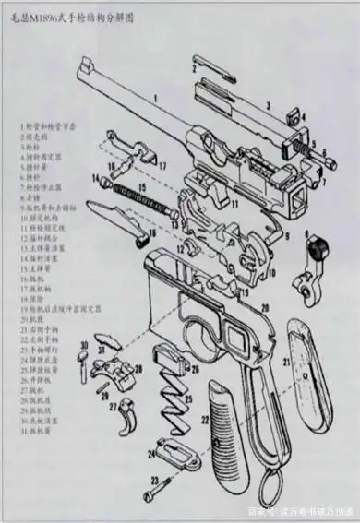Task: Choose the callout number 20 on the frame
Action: (x=264, y=306)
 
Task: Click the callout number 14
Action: (x=95, y=177)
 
